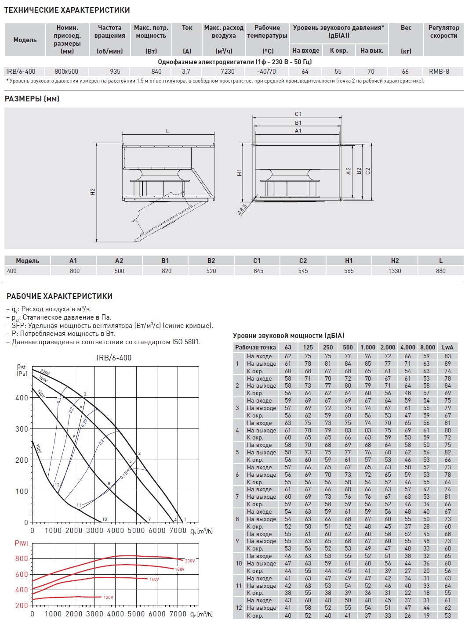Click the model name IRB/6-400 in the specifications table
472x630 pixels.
point(21,71)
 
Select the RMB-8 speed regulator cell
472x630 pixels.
point(439,71)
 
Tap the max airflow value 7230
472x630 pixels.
point(227,71)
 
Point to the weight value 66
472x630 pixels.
point(405,71)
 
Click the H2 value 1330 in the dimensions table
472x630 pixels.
point(394,271)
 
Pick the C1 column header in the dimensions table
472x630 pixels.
point(257,260)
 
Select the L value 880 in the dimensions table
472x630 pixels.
point(440,271)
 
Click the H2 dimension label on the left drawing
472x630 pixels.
point(93,191)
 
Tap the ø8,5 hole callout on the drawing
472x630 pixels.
point(242,209)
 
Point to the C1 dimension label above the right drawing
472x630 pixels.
point(298,114)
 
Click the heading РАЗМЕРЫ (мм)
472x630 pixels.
point(32,99)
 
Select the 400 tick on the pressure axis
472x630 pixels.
point(22,398)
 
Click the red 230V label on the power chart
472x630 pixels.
point(190,561)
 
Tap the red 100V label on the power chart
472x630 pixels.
point(108,597)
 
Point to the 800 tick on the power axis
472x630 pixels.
point(22,558)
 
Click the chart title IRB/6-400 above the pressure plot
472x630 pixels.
point(114,358)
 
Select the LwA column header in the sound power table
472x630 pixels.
point(447,347)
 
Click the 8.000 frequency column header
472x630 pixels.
point(427,347)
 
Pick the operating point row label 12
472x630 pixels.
point(239,608)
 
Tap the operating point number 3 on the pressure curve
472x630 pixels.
point(85,394)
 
